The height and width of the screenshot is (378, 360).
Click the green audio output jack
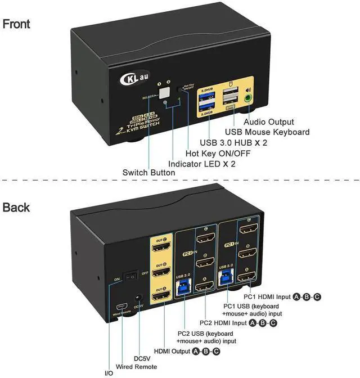249,97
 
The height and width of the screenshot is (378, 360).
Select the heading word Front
16,24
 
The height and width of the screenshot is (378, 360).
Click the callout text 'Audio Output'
268,121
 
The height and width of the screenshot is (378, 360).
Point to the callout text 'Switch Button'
148,173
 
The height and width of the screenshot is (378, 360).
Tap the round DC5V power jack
138,298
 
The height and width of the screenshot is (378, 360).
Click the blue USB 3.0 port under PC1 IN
227,276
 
